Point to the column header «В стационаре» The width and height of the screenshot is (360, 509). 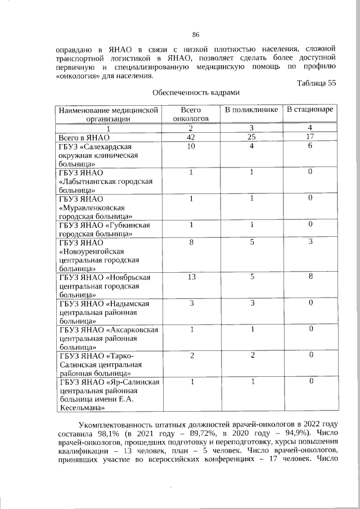pos(309,110)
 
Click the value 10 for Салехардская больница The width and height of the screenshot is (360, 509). pos(191,146)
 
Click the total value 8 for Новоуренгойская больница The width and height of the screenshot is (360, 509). pos(191,242)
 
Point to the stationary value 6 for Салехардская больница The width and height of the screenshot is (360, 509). pos(309,146)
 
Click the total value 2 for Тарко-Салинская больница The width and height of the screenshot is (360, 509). pos(191,355)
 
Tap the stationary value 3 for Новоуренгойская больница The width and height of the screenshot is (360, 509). pos(309,242)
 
